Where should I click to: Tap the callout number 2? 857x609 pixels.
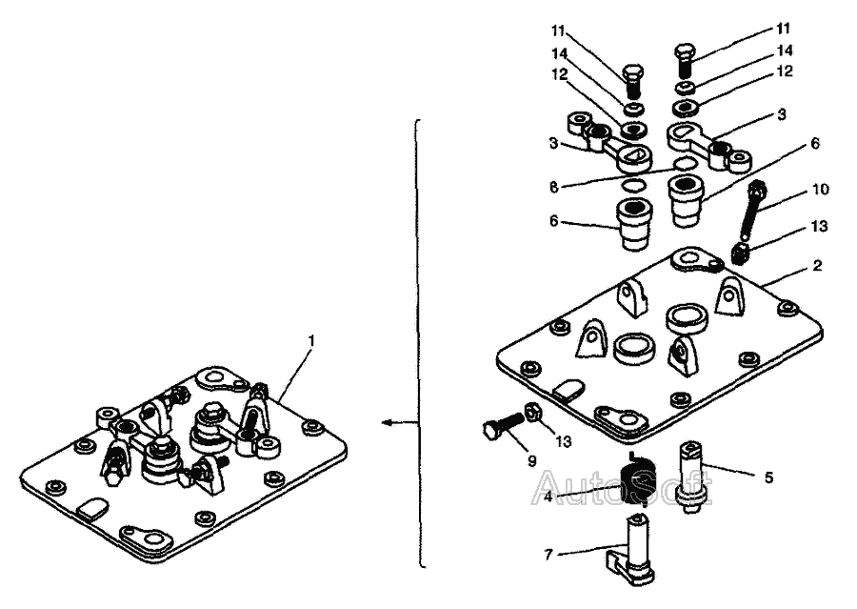tap(818, 266)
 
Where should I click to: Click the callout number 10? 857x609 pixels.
tap(818, 189)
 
